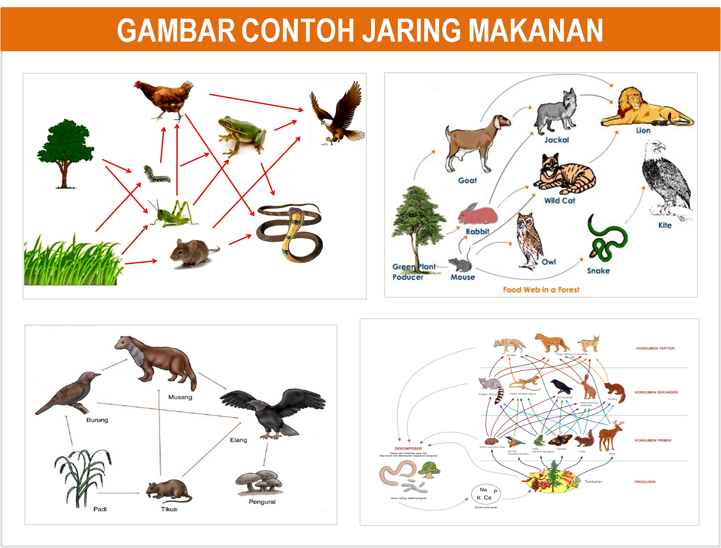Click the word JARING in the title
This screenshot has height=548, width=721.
coord(411,31)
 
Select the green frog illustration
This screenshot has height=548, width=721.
coord(241,134)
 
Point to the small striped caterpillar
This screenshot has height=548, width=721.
coord(157,175)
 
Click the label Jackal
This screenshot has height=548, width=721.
coord(556,140)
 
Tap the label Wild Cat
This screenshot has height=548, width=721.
coord(559,201)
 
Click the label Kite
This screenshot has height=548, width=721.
coord(665,225)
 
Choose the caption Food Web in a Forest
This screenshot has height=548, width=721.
coord(541,290)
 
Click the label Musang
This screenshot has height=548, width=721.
coord(180,397)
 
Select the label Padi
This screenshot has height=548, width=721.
coord(100,509)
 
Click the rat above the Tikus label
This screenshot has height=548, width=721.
coord(168,491)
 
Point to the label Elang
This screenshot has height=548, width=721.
coord(238,440)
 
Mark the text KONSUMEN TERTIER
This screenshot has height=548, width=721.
coord(655,348)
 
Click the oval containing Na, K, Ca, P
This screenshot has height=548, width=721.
coord(486,493)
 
